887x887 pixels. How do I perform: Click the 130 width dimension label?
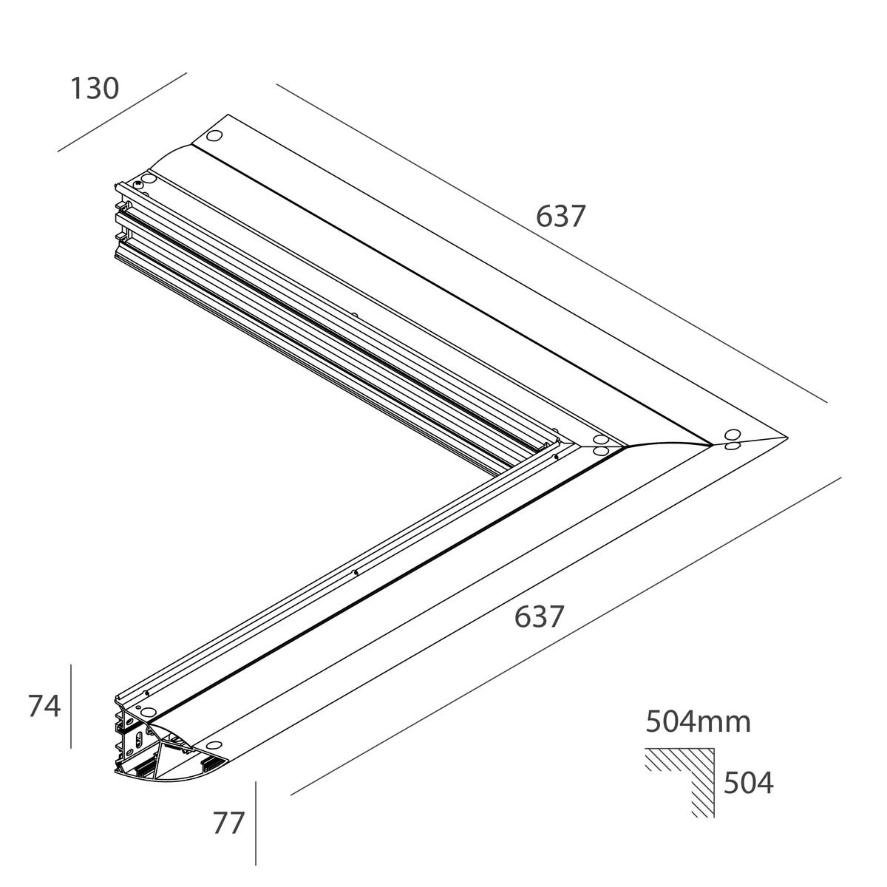94,89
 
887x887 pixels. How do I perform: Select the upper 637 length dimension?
560,217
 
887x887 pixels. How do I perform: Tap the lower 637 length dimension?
540,616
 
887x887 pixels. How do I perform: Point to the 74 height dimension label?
44,706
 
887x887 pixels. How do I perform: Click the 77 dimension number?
228,823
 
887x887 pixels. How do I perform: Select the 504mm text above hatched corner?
698,721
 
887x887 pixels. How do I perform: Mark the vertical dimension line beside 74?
71,706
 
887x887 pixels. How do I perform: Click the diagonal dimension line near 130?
122,112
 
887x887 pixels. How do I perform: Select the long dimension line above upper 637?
551,244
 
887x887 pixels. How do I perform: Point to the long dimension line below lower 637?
565,636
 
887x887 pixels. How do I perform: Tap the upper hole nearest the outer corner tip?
733,435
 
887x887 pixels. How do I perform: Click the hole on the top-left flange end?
214,137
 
